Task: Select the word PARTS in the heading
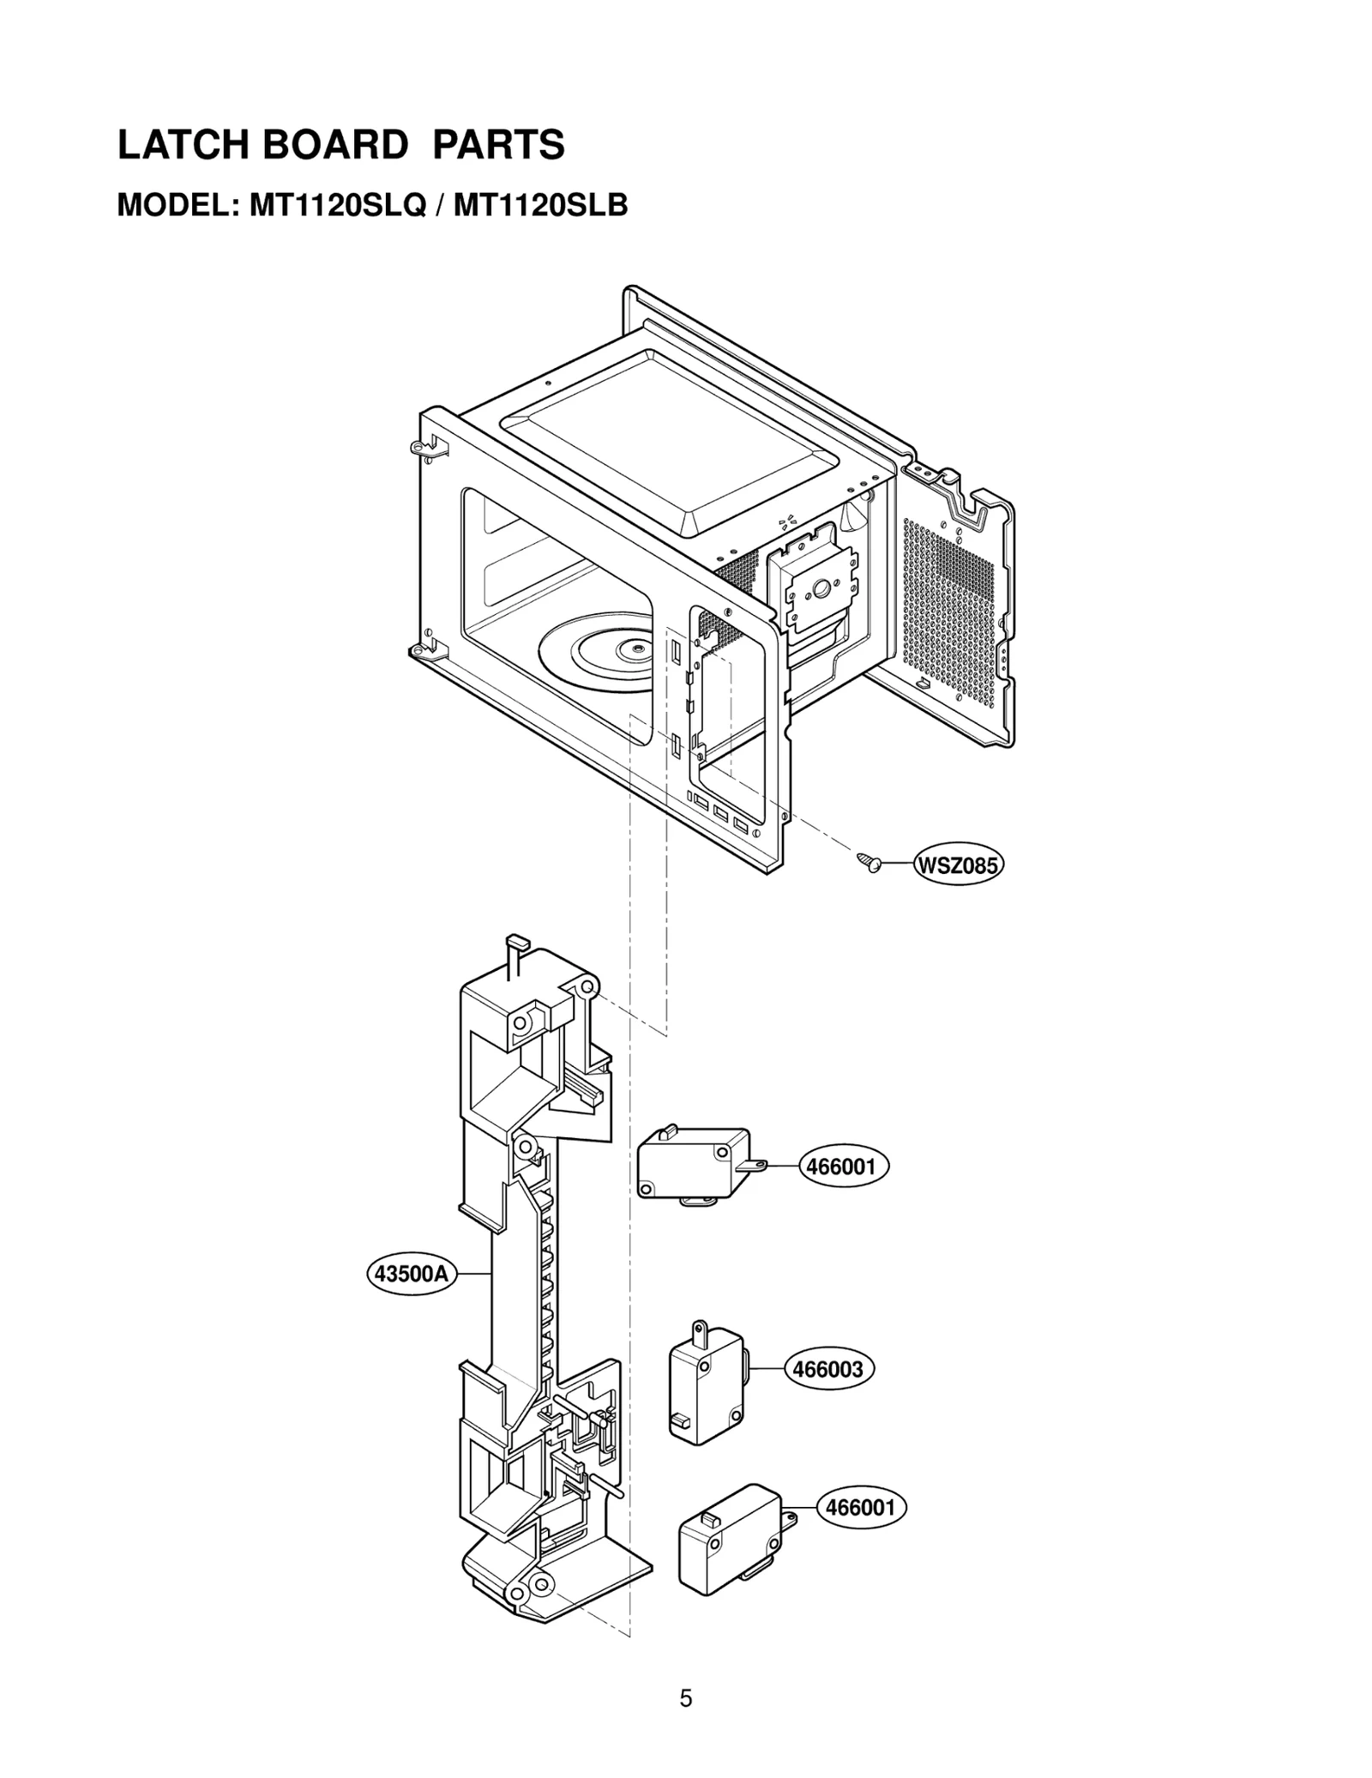[498, 146]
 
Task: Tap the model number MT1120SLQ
[337, 206]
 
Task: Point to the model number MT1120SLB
[540, 206]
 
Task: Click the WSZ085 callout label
[958, 865]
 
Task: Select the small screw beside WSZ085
[870, 863]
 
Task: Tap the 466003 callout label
[827, 1369]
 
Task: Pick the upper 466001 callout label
[841, 1167]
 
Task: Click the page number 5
[685, 1698]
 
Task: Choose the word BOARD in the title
[334, 146]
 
